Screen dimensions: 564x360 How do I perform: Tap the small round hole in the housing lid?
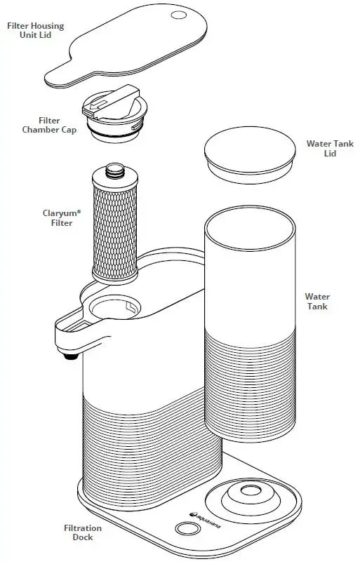pos(179,15)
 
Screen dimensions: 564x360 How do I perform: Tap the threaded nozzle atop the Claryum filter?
pos(114,170)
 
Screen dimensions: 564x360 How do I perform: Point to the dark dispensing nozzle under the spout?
pos(71,356)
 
